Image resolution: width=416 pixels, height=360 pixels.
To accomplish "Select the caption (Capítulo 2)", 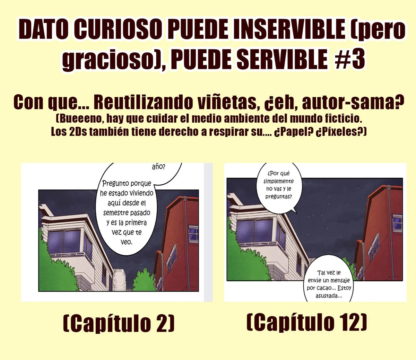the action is point(119,324).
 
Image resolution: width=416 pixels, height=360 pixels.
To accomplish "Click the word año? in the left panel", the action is point(158,167).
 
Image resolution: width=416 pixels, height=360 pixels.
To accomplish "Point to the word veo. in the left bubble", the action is point(127,242).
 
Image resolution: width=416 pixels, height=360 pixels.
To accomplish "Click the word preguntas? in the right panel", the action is point(278,196).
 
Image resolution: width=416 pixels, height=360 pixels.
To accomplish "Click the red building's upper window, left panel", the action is point(193,232).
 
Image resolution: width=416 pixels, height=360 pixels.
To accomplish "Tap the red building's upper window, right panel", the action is point(397,222).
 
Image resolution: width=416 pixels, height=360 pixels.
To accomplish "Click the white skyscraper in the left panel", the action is point(119,280).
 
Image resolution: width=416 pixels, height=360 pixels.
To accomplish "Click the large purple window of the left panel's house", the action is point(64,242).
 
